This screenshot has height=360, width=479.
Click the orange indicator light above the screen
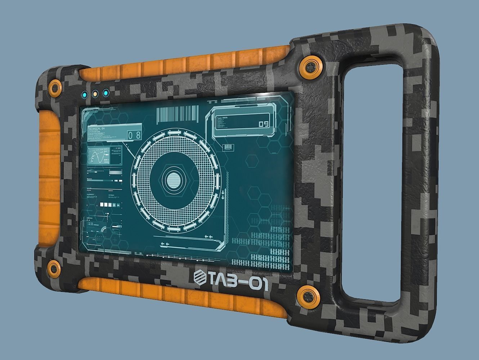click(x=95, y=94)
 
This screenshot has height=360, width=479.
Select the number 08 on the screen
click(x=134, y=136)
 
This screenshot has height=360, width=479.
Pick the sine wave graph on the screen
click(x=96, y=157)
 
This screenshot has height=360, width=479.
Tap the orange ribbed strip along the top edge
click(x=187, y=65)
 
